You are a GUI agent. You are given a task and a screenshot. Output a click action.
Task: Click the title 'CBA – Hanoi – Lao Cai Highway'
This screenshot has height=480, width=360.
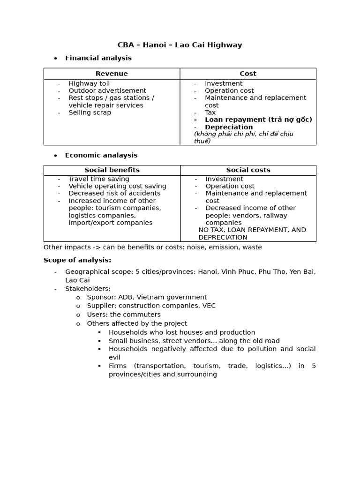pyautogui.click(x=180, y=45)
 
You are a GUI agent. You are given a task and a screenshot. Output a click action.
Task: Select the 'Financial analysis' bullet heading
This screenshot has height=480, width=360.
pyautogui.click(x=98, y=58)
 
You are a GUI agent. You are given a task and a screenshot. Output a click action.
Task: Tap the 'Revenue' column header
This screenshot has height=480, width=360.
pyautogui.click(x=112, y=74)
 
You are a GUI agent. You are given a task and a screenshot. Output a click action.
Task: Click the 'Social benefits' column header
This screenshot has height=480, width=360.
pyautogui.click(x=112, y=170)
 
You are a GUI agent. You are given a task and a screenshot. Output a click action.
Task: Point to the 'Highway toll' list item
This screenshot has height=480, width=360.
pyautogui.click(x=89, y=83)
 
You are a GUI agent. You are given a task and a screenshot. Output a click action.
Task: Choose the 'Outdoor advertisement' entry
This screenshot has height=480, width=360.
pyautogui.click(x=107, y=90)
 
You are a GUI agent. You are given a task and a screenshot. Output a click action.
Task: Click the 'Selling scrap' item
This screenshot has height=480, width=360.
pyautogui.click(x=90, y=112)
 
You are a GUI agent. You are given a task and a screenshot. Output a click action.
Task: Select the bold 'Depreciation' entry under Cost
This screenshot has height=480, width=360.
pyautogui.click(x=229, y=127)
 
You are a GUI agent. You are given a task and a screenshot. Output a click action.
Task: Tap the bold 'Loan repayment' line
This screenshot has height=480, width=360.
pyautogui.click(x=258, y=120)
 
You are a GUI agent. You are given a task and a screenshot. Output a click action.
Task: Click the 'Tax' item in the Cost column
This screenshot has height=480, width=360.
pyautogui.click(x=210, y=112)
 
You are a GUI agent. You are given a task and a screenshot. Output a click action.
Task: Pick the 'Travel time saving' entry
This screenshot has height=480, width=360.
pyautogui.click(x=99, y=179)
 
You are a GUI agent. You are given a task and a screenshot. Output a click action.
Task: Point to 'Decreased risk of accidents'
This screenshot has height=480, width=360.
pyautogui.click(x=114, y=193)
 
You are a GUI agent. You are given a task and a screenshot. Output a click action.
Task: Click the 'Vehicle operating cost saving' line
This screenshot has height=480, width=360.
pyautogui.click(x=117, y=186)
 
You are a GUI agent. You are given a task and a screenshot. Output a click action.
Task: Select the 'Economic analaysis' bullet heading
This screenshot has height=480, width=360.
pyautogui.click(x=101, y=155)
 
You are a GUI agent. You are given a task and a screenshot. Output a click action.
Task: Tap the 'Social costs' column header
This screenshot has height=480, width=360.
pyautogui.click(x=248, y=170)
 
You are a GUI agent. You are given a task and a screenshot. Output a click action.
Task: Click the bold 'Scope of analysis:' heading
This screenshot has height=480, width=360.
pyautogui.click(x=77, y=260)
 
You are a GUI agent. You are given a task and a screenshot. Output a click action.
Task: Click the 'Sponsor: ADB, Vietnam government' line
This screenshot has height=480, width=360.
pyautogui.click(x=147, y=297)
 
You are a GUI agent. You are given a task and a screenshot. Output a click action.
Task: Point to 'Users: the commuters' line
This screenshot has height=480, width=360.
pyautogui.click(x=124, y=315)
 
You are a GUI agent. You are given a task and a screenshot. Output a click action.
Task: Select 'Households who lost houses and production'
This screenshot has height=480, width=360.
pyautogui.click(x=182, y=332)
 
